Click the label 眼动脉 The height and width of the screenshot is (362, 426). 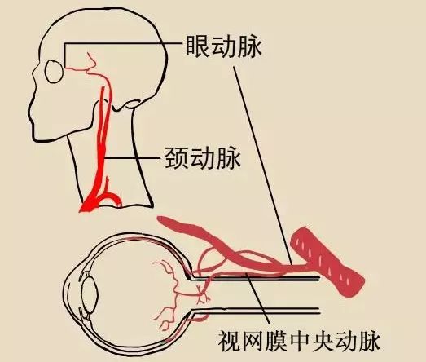pos(224,46)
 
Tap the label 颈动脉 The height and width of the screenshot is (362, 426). pos(203,158)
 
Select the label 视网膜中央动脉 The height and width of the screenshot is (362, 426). pos(299,341)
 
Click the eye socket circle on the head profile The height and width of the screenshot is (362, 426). pos(54,71)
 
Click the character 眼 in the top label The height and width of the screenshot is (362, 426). pos(197,46)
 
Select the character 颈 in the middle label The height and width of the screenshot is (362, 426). pos(177,158)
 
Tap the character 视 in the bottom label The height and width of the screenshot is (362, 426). pos(229,341)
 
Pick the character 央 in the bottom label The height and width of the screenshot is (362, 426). pos(322,341)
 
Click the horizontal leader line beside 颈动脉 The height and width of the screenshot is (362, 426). pos(132,158)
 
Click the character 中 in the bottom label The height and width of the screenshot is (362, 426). pos(299,341)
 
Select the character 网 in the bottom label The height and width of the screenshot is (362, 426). pos(253,341)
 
